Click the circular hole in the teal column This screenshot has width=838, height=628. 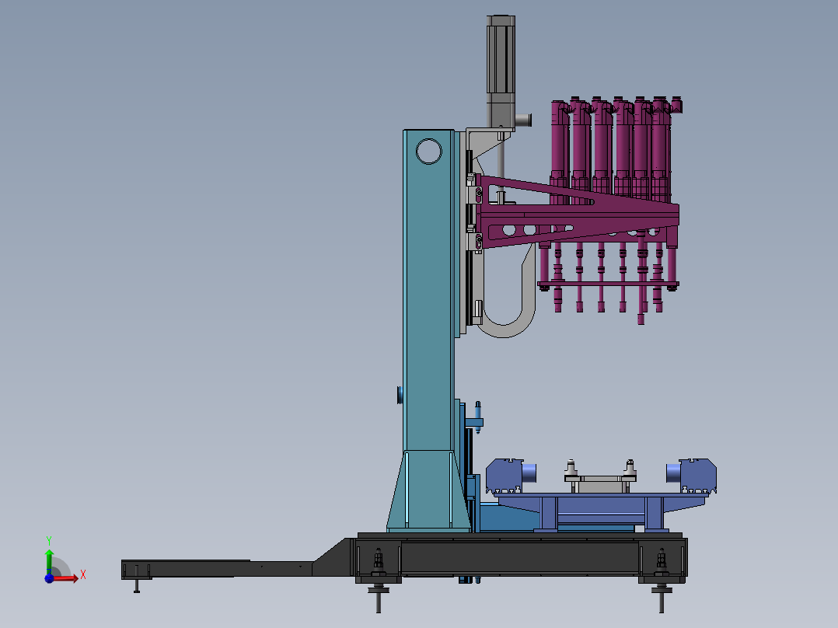click(x=428, y=152)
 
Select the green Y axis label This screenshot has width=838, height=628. click(x=49, y=541)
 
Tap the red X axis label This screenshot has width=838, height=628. click(x=83, y=575)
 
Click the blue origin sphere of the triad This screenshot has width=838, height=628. click(x=49, y=578)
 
